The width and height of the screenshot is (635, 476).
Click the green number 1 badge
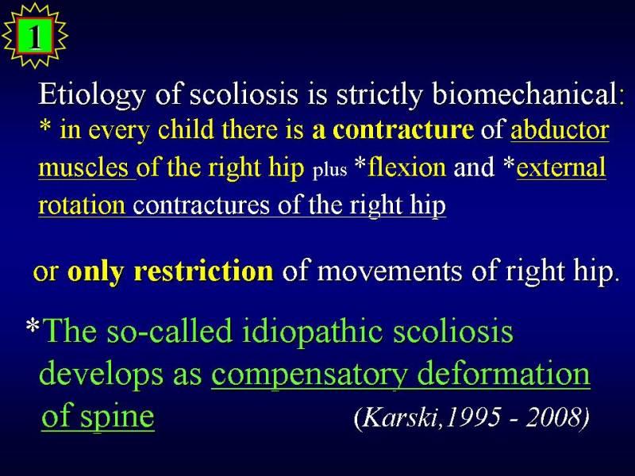[34, 36]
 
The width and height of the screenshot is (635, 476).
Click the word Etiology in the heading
[92, 94]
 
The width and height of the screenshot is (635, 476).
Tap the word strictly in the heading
[380, 94]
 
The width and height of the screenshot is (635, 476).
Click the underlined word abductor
[560, 130]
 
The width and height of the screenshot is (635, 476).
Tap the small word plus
[330, 170]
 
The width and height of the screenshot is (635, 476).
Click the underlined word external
[561, 167]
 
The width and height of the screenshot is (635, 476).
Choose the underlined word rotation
[82, 205]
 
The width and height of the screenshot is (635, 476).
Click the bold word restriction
[203, 271]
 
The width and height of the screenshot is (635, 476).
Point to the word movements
[389, 271]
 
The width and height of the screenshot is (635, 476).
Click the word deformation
[503, 372]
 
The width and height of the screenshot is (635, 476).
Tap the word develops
[102, 374]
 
